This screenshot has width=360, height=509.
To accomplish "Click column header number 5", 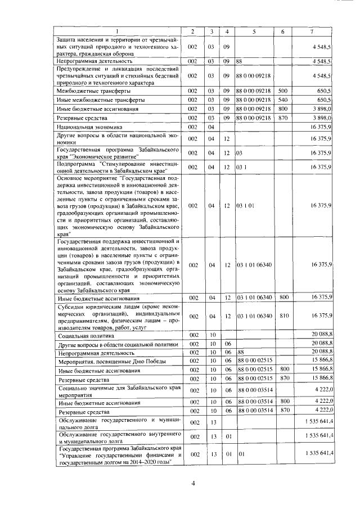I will click(x=254, y=31).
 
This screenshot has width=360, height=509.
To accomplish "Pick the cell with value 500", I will click(x=283, y=90).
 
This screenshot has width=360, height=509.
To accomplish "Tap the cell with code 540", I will click(x=283, y=99).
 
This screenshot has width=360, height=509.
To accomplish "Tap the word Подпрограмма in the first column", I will click(x=77, y=164).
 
